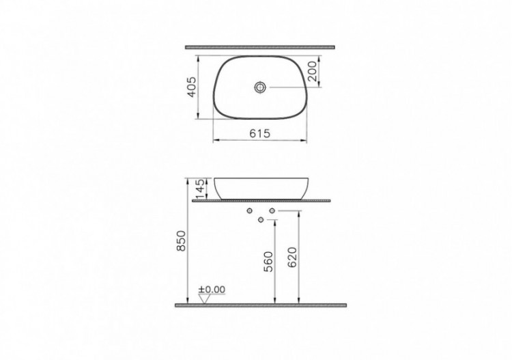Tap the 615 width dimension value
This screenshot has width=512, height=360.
260,135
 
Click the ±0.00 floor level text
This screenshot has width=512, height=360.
212,290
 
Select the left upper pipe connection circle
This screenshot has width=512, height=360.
251,210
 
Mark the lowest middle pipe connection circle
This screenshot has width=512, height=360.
261,219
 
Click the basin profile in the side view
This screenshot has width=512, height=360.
261,188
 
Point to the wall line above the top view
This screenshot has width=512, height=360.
260,47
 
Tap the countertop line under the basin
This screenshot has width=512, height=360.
261,201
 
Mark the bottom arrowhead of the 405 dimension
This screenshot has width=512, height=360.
197,116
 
